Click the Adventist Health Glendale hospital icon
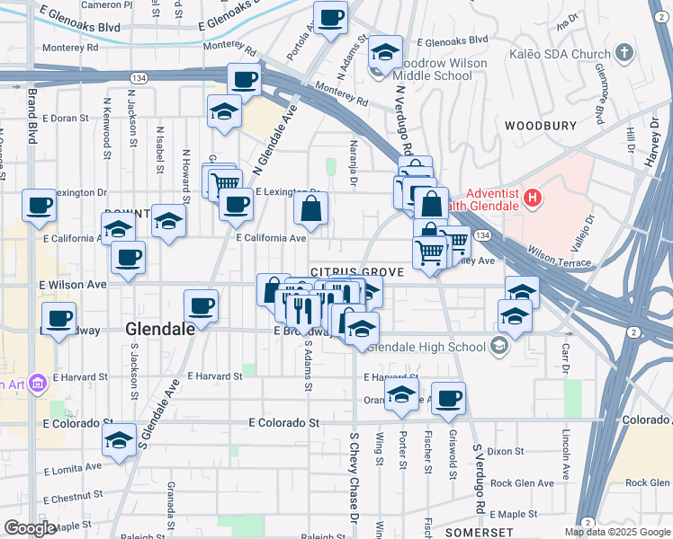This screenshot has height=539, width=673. tap(533, 197)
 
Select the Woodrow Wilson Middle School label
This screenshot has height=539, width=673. tap(436, 69)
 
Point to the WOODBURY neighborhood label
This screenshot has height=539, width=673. tap(540, 126)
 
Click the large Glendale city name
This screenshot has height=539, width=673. tap(161, 330)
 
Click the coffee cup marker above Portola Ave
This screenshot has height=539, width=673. tap(330, 16)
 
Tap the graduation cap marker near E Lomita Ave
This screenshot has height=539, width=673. tap(118, 440)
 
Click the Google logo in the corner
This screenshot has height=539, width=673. tap(30, 528)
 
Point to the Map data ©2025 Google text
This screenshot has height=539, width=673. tap(616, 532)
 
